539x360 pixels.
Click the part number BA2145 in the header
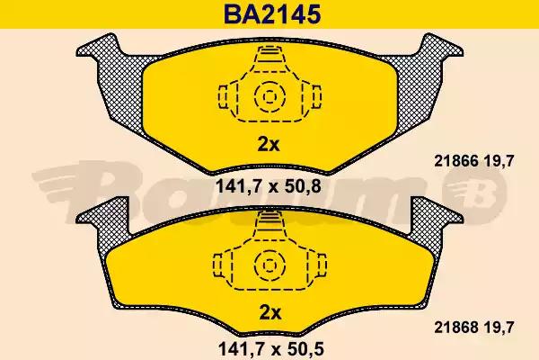click(272, 14)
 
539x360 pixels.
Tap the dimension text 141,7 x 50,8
click(268, 186)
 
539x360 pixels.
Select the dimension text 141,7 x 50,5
click(271, 349)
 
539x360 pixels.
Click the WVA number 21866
click(456, 161)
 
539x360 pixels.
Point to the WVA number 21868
click(456, 328)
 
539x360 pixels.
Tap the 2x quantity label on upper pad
click(269, 145)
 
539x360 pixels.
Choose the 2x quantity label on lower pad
click(269, 313)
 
